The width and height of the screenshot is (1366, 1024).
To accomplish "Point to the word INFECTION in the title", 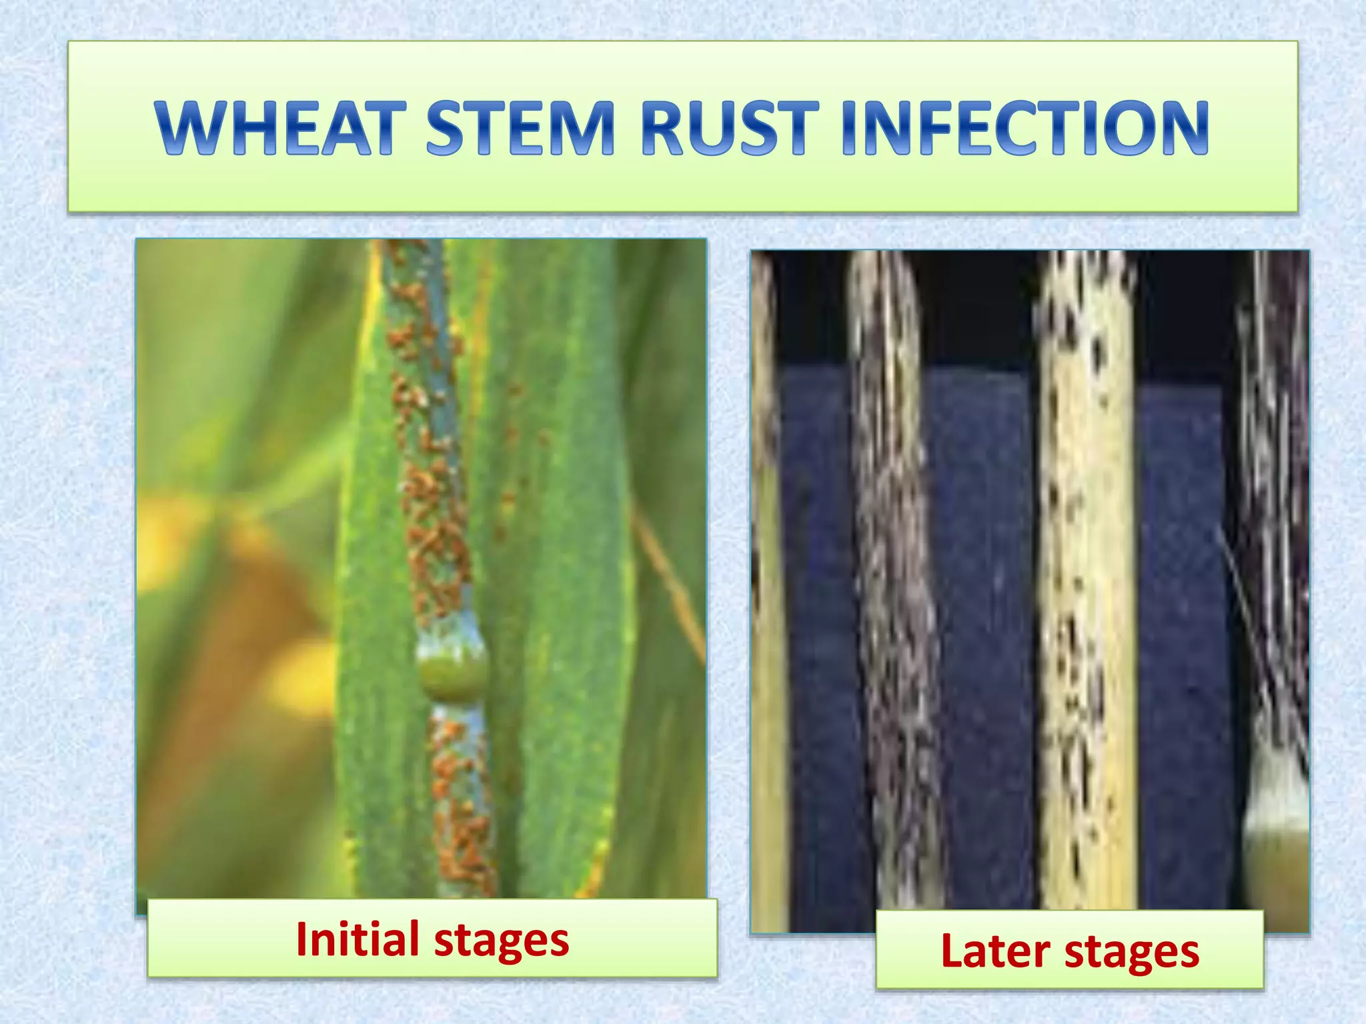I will point(1024,129).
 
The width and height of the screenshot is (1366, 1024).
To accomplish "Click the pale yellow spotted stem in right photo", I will point(1087,600).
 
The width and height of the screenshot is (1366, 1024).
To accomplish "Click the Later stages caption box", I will point(1069,949).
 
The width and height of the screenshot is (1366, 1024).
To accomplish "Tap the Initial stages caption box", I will point(432,939).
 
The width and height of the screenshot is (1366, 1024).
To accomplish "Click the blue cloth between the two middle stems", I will point(980,600).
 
